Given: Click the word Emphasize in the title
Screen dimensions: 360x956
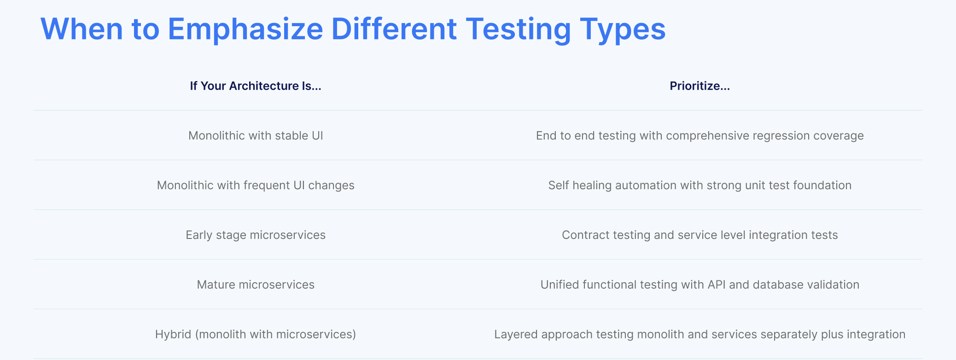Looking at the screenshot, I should (x=245, y=29).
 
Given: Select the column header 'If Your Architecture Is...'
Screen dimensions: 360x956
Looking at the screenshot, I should (x=256, y=86).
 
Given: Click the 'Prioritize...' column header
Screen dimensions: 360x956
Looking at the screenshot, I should (x=700, y=86).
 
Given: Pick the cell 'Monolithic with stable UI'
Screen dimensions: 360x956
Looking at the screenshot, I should (x=256, y=136).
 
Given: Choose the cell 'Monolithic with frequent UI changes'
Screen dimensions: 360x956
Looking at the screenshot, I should (x=256, y=186).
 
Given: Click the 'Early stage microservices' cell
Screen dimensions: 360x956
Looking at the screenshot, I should (x=256, y=235).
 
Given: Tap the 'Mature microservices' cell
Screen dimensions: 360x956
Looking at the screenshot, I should (x=256, y=285).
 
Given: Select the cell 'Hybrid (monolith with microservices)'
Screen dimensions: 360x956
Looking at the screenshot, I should (x=256, y=335).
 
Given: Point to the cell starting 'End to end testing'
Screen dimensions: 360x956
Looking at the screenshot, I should (x=700, y=136).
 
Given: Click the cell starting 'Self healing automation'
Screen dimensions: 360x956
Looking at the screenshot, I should (x=700, y=186).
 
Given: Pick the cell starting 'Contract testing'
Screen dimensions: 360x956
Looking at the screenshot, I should (x=700, y=235).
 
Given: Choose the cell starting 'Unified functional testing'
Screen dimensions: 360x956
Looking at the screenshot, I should (x=700, y=285).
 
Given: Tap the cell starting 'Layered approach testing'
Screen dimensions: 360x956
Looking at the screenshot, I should (x=700, y=335).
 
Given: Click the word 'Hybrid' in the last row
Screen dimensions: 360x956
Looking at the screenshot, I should (x=173, y=335).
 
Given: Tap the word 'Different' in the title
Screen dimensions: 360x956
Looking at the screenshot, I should (x=394, y=29).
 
